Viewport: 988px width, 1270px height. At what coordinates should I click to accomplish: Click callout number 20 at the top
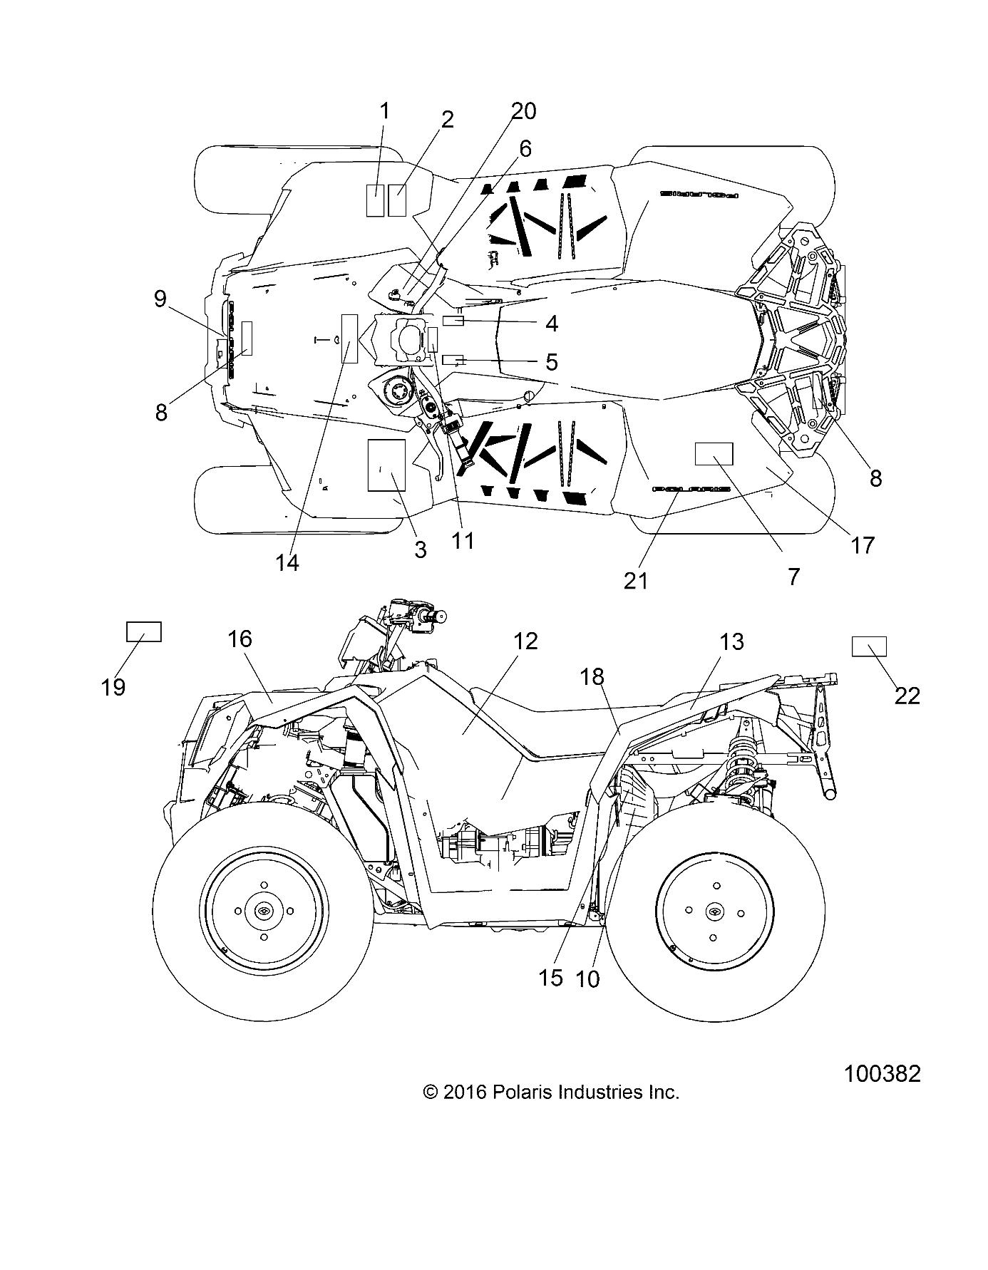click(x=523, y=112)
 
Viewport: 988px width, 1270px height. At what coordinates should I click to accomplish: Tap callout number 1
click(x=384, y=112)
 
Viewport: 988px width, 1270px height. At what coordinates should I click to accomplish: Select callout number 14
click(x=288, y=562)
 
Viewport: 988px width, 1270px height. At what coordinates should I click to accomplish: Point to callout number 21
click(x=636, y=581)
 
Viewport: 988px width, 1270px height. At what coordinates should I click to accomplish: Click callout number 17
click(x=863, y=545)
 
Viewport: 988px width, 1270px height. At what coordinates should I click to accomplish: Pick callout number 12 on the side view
click(x=525, y=641)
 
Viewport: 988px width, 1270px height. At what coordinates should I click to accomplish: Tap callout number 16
click(x=240, y=639)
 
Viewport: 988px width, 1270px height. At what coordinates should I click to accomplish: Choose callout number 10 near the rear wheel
click(x=587, y=979)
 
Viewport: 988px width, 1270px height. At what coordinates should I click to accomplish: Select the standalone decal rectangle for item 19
click(x=144, y=632)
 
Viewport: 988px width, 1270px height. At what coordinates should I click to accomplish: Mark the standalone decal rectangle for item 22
click(x=869, y=646)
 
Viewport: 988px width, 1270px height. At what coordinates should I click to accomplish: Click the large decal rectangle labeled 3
click(x=386, y=465)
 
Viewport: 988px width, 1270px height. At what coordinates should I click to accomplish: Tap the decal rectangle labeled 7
click(x=714, y=453)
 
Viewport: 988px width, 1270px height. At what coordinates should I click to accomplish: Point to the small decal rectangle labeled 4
click(x=453, y=321)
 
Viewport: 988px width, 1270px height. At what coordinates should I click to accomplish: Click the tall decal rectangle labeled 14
click(x=349, y=339)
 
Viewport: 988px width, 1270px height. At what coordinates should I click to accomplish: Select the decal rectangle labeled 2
click(x=397, y=200)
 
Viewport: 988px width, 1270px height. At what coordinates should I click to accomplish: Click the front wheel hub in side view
click(x=263, y=912)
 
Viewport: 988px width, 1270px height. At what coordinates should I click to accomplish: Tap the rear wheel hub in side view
click(x=714, y=912)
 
